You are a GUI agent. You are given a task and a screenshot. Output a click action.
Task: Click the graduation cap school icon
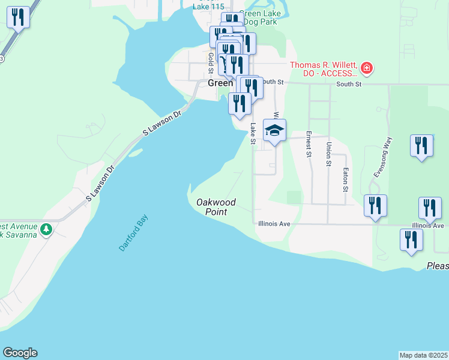[x=274, y=130]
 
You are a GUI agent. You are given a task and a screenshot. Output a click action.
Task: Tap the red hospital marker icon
[x=366, y=70]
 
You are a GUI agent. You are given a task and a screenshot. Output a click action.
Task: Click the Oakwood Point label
[x=215, y=207]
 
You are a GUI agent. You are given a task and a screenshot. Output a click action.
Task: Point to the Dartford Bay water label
[x=133, y=233]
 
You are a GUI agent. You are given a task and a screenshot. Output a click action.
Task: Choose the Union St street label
[x=328, y=153]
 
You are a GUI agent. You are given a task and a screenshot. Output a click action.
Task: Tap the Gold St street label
[x=211, y=61]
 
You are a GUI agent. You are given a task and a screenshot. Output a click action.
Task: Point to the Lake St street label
[x=253, y=133]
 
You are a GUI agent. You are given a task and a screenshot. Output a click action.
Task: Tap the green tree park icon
[x=46, y=229]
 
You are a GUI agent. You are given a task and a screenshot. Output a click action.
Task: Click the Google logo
[x=20, y=353]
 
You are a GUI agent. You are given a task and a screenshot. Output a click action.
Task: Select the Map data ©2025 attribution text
[x=424, y=355]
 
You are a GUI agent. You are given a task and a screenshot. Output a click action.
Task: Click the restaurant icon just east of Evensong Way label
[x=421, y=146]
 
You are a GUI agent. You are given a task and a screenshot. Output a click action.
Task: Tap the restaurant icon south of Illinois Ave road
[x=411, y=239]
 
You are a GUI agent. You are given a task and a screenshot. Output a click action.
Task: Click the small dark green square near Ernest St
[x=294, y=197]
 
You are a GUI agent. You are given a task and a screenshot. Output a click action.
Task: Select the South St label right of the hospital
[x=349, y=84]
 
